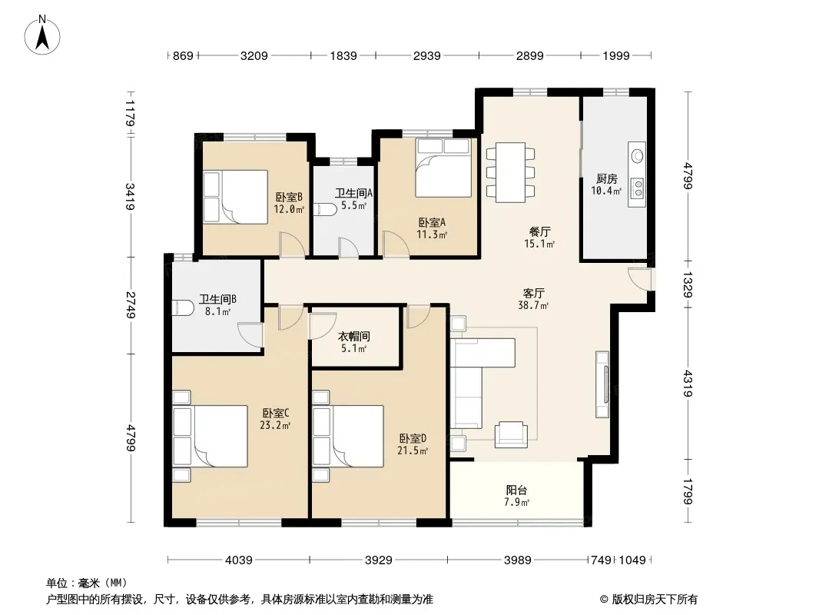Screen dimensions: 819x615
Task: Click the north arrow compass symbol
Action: pyautogui.click(x=42, y=35)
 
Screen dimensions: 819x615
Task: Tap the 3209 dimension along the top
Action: pyautogui.click(x=254, y=55)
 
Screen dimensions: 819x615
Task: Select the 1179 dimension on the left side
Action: pyautogui.click(x=130, y=113)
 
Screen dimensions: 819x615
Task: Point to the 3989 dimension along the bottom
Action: pyautogui.click(x=517, y=560)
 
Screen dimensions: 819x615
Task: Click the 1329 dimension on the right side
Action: pyautogui.click(x=688, y=284)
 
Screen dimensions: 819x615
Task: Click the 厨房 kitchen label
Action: pyautogui.click(x=606, y=179)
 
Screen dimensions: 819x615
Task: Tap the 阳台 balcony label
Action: pyautogui.click(x=516, y=490)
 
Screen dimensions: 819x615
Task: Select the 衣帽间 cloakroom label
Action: pyautogui.click(x=354, y=336)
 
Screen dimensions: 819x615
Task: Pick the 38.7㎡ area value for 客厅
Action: pyautogui.click(x=533, y=305)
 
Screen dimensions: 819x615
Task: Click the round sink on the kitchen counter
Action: pyautogui.click(x=637, y=155)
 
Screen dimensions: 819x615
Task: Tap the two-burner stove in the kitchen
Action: pyautogui.click(x=637, y=188)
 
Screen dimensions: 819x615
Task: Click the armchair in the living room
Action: pyautogui.click(x=511, y=435)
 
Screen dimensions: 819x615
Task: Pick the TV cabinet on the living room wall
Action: pyautogui.click(x=602, y=384)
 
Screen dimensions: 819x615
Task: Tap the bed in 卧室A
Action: pyautogui.click(x=443, y=168)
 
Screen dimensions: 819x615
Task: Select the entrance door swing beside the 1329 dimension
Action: pyautogui.click(x=640, y=279)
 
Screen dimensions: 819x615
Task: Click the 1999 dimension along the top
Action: pyautogui.click(x=616, y=55)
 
